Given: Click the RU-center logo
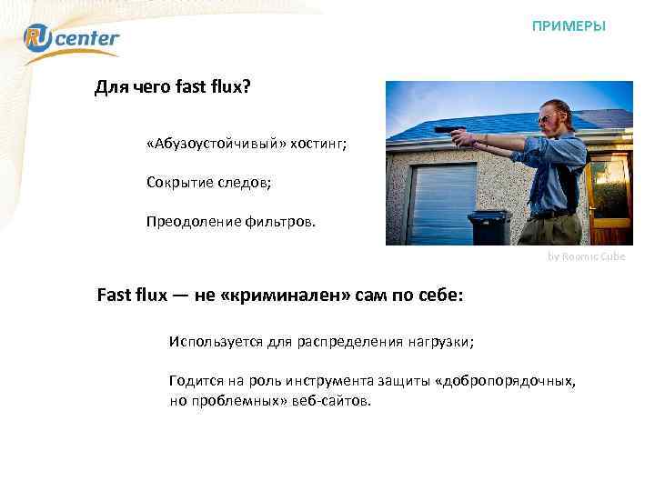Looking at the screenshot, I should (x=71, y=39).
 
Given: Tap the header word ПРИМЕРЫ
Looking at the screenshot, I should (x=569, y=26).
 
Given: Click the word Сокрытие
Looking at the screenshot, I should (x=175, y=182).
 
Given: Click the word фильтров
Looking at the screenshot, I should (x=280, y=220).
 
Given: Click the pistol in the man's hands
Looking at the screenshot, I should (x=447, y=131).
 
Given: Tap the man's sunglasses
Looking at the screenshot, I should (x=544, y=118).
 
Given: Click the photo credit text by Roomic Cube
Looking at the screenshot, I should (x=587, y=257).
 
